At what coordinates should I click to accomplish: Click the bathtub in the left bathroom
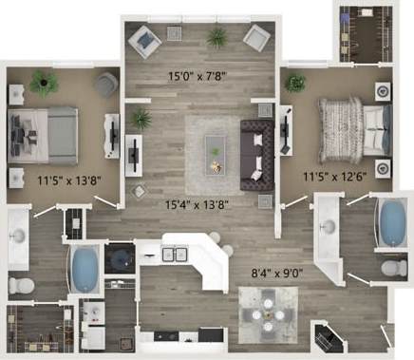(x=84, y=270)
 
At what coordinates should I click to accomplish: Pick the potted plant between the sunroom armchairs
(x=216, y=37)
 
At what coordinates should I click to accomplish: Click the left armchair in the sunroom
(x=144, y=39)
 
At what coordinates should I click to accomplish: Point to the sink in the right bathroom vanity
(x=329, y=226)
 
